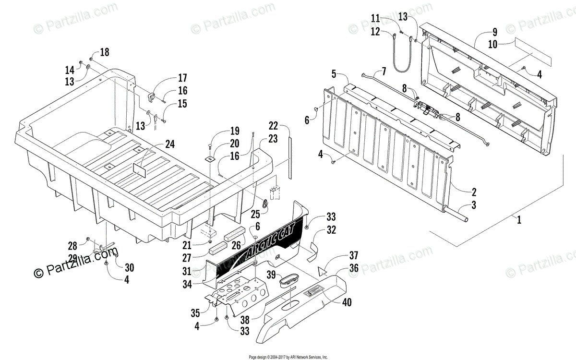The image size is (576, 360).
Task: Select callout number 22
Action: click(273, 126)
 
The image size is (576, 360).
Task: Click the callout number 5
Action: click(333, 74)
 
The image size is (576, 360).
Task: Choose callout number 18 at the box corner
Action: click(104, 53)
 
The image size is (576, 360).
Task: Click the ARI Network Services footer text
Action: click(288, 357)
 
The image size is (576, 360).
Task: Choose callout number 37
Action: click(354, 255)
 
